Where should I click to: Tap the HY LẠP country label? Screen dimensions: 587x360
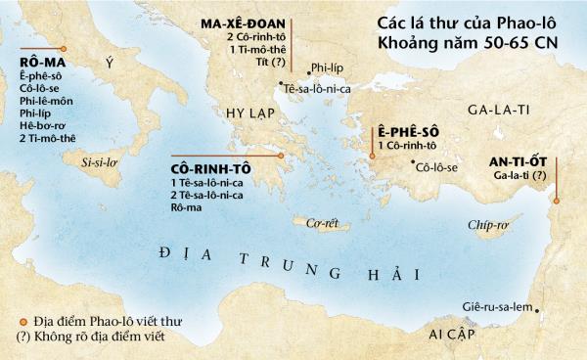click(249, 111)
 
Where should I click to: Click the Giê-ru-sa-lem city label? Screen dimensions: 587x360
click(496, 308)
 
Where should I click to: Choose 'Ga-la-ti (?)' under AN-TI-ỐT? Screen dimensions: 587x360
click(516, 176)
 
